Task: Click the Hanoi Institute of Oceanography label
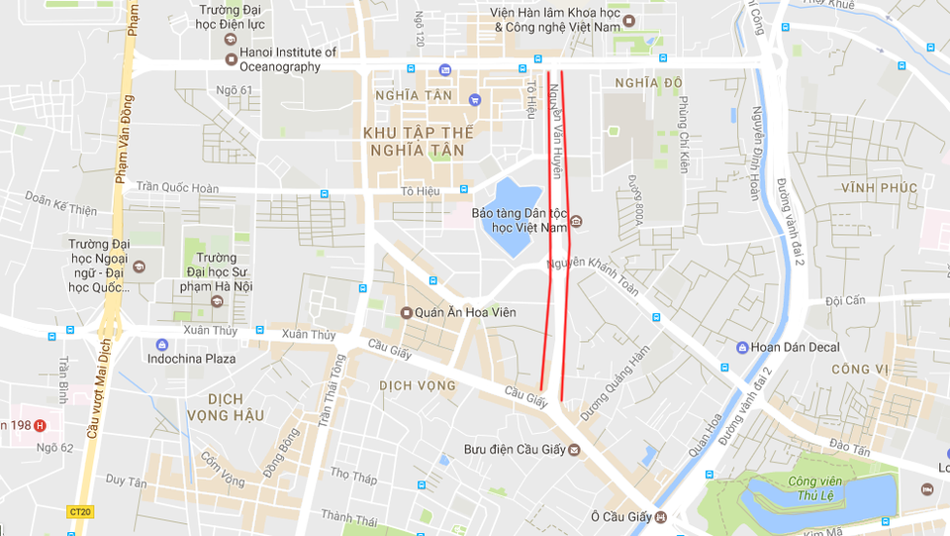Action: pyautogui.click(x=281, y=59)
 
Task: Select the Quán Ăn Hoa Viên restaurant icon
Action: pyautogui.click(x=406, y=313)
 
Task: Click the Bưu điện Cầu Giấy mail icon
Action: pyautogui.click(x=574, y=450)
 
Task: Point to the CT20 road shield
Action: pyautogui.click(x=80, y=512)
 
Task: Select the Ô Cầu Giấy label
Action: pyautogui.click(x=623, y=516)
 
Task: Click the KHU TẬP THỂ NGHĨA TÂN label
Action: pyautogui.click(x=420, y=141)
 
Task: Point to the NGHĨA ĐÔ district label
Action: pyautogui.click(x=648, y=82)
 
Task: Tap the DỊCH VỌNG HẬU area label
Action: pyautogui.click(x=228, y=406)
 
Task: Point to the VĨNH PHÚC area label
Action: pyautogui.click(x=880, y=187)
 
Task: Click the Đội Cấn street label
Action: pyautogui.click(x=845, y=300)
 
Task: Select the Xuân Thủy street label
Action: pyautogui.click(x=308, y=335)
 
